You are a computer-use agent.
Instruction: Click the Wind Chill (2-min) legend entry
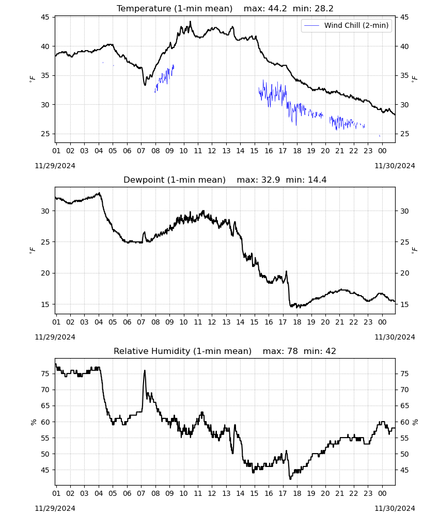[347, 25]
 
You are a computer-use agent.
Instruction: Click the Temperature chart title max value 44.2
[277, 8]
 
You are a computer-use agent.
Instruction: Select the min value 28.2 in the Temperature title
[324, 8]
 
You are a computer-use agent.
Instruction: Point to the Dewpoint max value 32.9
[271, 180]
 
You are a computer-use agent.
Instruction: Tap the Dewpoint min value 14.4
[317, 180]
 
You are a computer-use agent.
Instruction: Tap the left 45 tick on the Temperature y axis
[45, 17]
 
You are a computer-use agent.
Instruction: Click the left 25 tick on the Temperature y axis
[45, 134]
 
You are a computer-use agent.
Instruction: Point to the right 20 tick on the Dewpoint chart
[404, 273]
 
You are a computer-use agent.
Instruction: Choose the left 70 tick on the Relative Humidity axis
[45, 390]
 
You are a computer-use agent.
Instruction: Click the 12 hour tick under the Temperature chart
[212, 151]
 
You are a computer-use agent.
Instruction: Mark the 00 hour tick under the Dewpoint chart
[382, 322]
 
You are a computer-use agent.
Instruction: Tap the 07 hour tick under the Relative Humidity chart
[141, 493]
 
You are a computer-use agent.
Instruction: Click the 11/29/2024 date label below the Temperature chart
[55, 166]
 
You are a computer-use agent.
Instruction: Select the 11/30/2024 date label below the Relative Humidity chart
[395, 508]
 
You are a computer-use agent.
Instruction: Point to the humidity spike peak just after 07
[145, 370]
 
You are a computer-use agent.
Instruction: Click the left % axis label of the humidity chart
[33, 422]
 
